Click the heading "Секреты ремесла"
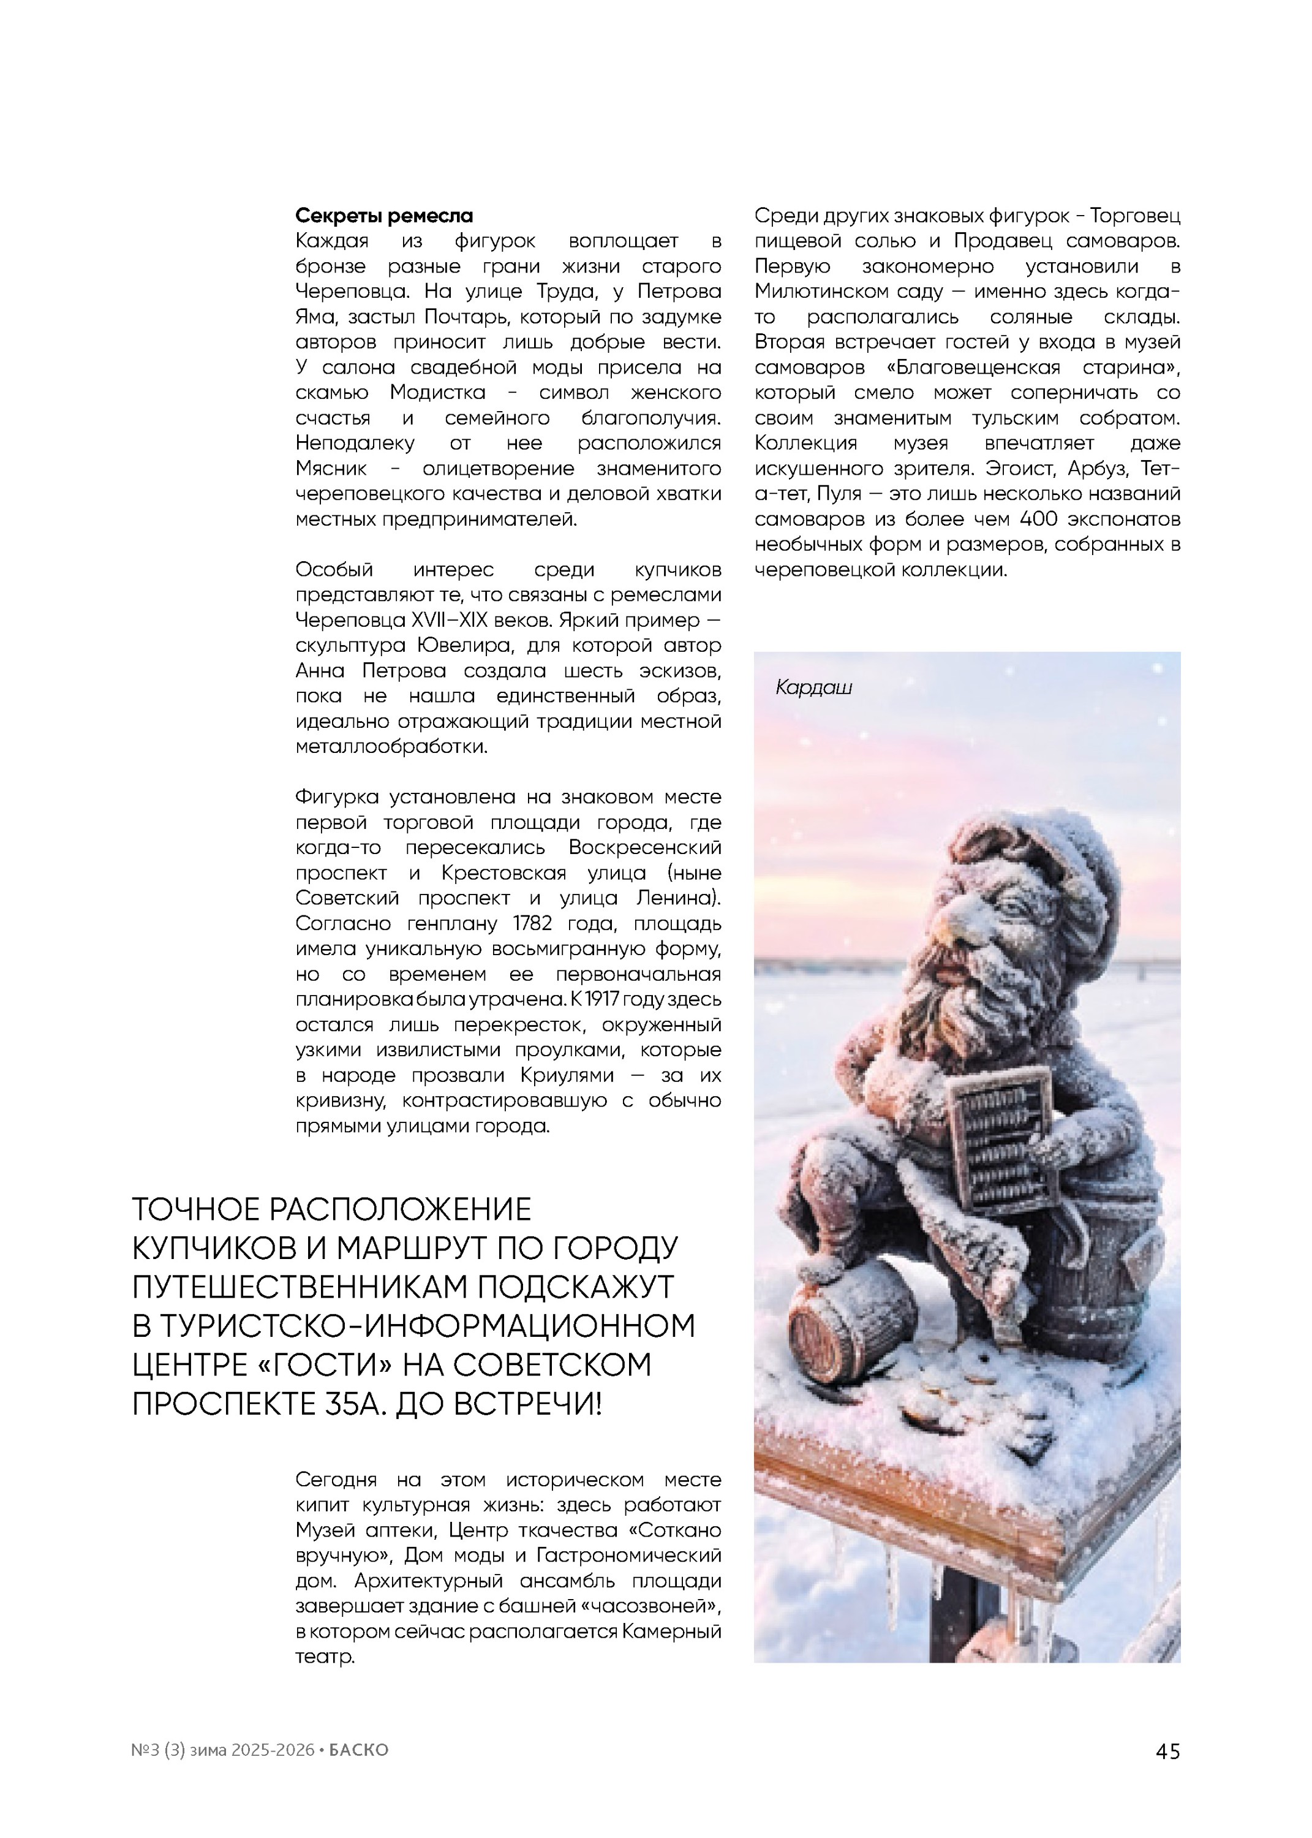(x=384, y=216)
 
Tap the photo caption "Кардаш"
(x=813, y=687)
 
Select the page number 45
(x=1168, y=1751)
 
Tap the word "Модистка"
(x=437, y=393)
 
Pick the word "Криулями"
(x=567, y=1075)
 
